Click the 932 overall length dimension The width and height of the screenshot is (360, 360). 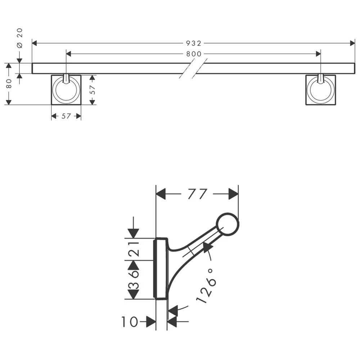[x=194, y=43]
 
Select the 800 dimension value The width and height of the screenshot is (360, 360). [x=194, y=54]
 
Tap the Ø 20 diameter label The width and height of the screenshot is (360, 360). [x=20, y=38]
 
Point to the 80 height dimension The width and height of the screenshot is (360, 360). [x=9, y=84]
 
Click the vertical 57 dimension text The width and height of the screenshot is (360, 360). [x=93, y=90]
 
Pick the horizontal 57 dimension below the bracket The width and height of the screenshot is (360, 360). [x=66, y=116]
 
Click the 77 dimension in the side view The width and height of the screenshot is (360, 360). [x=197, y=194]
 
